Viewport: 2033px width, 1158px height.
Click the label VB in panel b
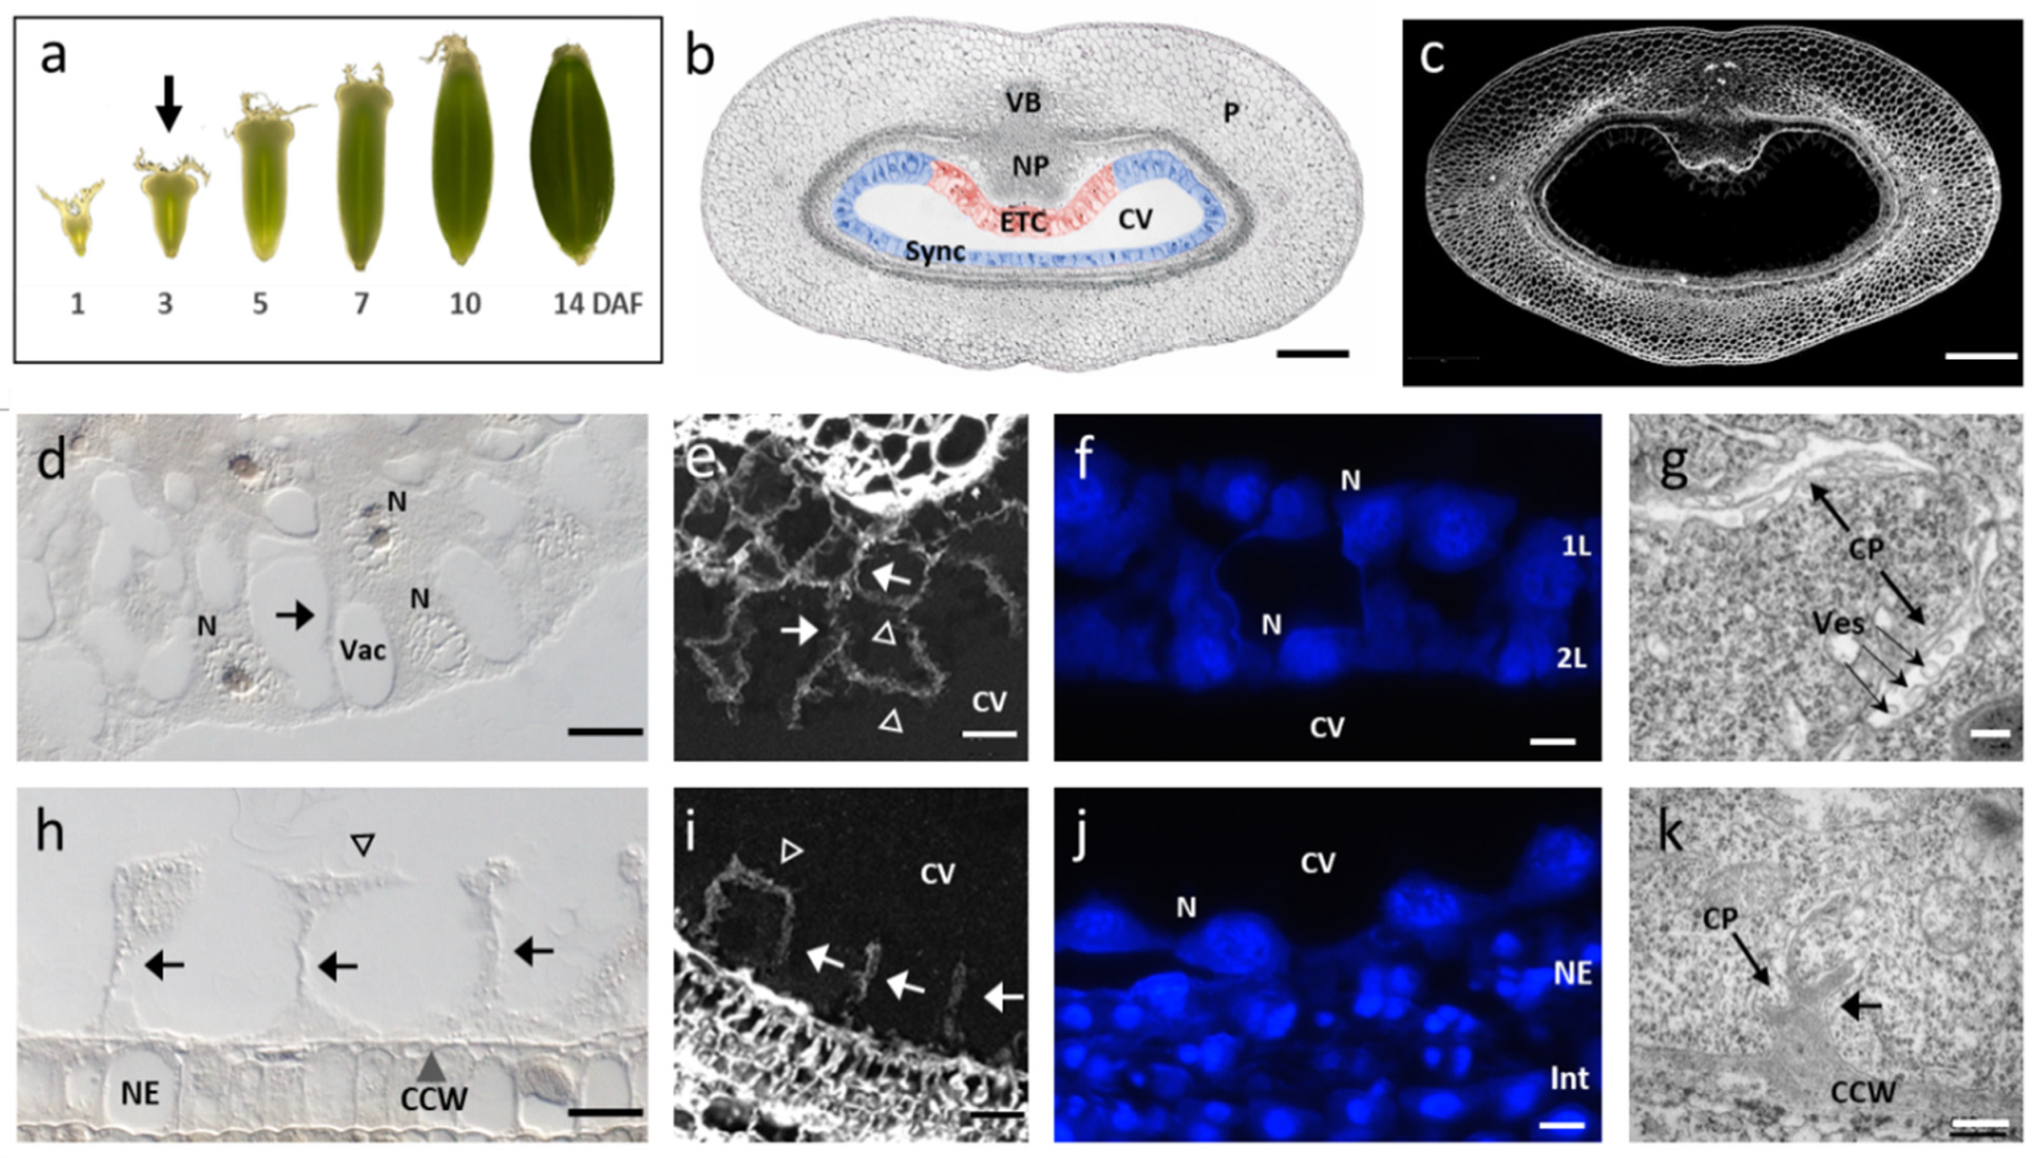pos(1023,103)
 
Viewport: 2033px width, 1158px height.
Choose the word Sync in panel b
pos(936,252)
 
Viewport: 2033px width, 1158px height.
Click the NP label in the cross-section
pos(1030,166)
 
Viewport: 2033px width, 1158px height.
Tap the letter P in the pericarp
pos(1231,113)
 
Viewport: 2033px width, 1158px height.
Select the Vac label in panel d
pos(362,651)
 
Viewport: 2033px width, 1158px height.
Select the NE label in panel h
pos(140,1094)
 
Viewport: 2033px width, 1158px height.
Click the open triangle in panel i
pos(791,852)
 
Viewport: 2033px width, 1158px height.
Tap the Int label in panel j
pos(1568,1078)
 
